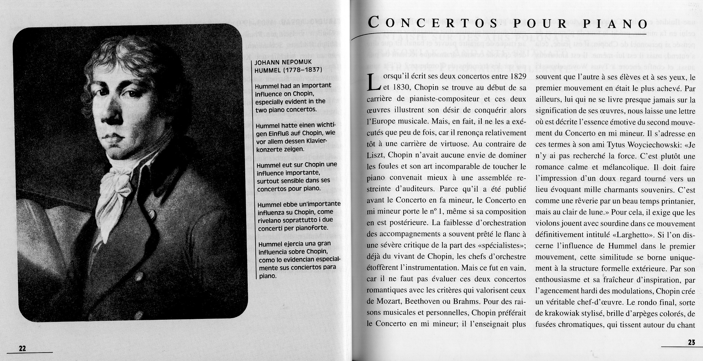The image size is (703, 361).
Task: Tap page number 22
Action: (x=22, y=348)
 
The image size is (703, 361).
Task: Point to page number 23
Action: (x=692, y=342)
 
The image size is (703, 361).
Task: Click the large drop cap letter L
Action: (x=374, y=83)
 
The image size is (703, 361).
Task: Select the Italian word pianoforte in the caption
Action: (x=312, y=228)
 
